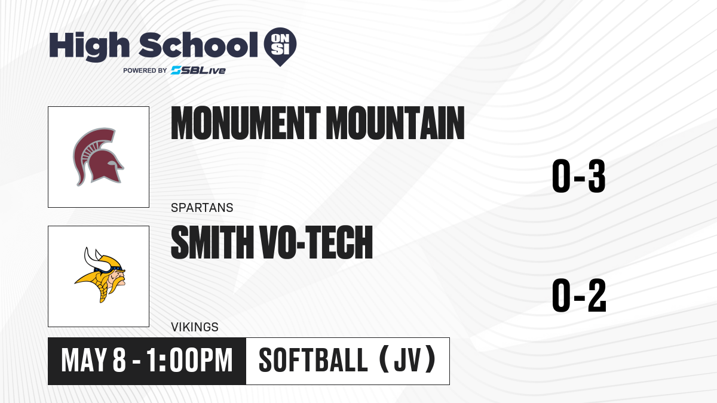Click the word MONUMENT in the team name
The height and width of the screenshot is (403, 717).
pos(246,123)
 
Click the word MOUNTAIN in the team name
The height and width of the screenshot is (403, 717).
pos(396,123)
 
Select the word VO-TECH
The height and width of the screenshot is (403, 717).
pos(316,242)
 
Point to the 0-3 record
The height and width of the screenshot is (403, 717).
pos(579,176)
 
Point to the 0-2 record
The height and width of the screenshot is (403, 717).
pos(579,296)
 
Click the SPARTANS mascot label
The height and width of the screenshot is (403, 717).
pos(202,208)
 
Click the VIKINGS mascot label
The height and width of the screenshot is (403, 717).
pos(195,327)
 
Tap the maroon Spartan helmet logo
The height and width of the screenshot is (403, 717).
pos(98,156)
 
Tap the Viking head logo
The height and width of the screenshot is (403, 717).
pos(100,275)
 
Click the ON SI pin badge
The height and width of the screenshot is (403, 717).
pos(280,47)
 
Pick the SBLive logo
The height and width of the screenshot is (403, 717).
pos(198,70)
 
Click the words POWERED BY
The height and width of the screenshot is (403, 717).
pos(145,70)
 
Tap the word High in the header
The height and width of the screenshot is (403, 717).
pos(89,46)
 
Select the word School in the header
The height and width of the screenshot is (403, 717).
pos(198,45)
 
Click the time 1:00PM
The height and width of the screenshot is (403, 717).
pos(189,361)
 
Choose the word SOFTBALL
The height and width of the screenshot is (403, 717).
pos(312,361)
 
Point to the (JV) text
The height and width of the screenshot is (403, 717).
pos(407,361)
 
